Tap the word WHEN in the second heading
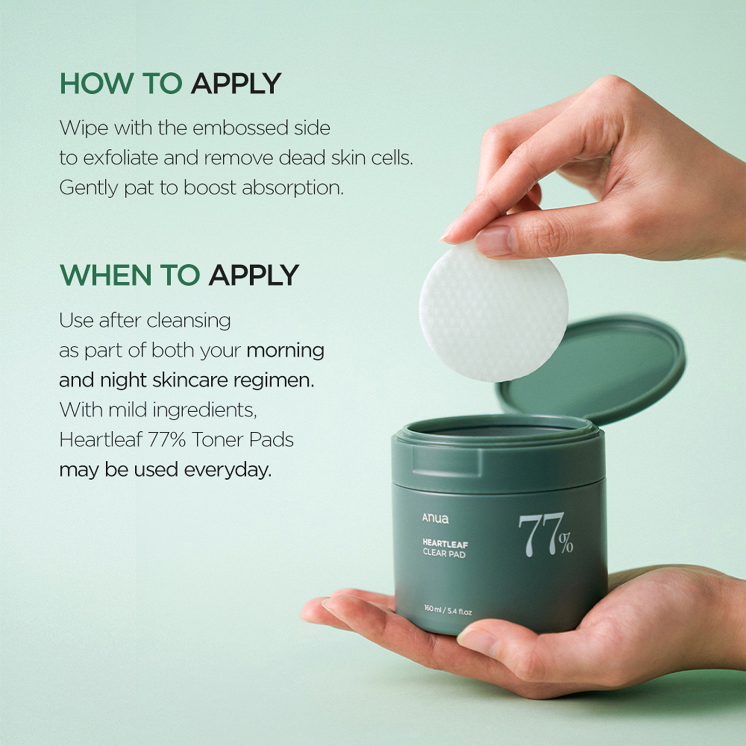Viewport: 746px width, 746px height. [105, 275]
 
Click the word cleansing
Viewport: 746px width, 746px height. [188, 321]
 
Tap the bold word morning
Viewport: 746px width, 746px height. [285, 351]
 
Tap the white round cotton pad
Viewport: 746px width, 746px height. [493, 312]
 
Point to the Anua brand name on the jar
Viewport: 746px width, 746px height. [435, 518]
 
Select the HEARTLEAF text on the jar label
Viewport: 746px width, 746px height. [445, 544]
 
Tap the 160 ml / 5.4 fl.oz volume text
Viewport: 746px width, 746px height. [448, 611]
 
